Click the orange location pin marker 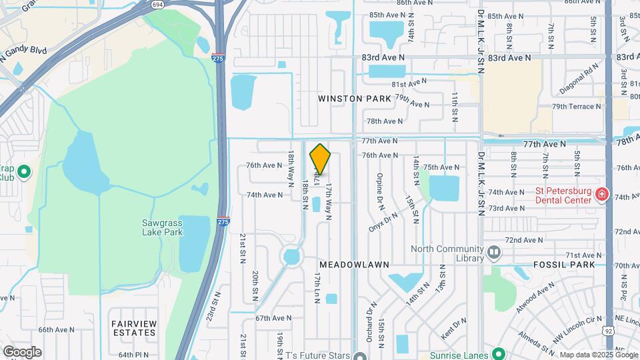[x=320, y=159]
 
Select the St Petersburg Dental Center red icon [x=601, y=195]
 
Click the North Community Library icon [x=493, y=253]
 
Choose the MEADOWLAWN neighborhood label [x=353, y=265]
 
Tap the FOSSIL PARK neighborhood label [x=559, y=265]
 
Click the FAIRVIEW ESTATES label [x=134, y=328]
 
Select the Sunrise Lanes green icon [x=497, y=353]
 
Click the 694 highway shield [x=157, y=4]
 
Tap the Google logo [x=22, y=352]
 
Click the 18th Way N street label [x=291, y=167]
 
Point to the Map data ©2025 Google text [x=598, y=355]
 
